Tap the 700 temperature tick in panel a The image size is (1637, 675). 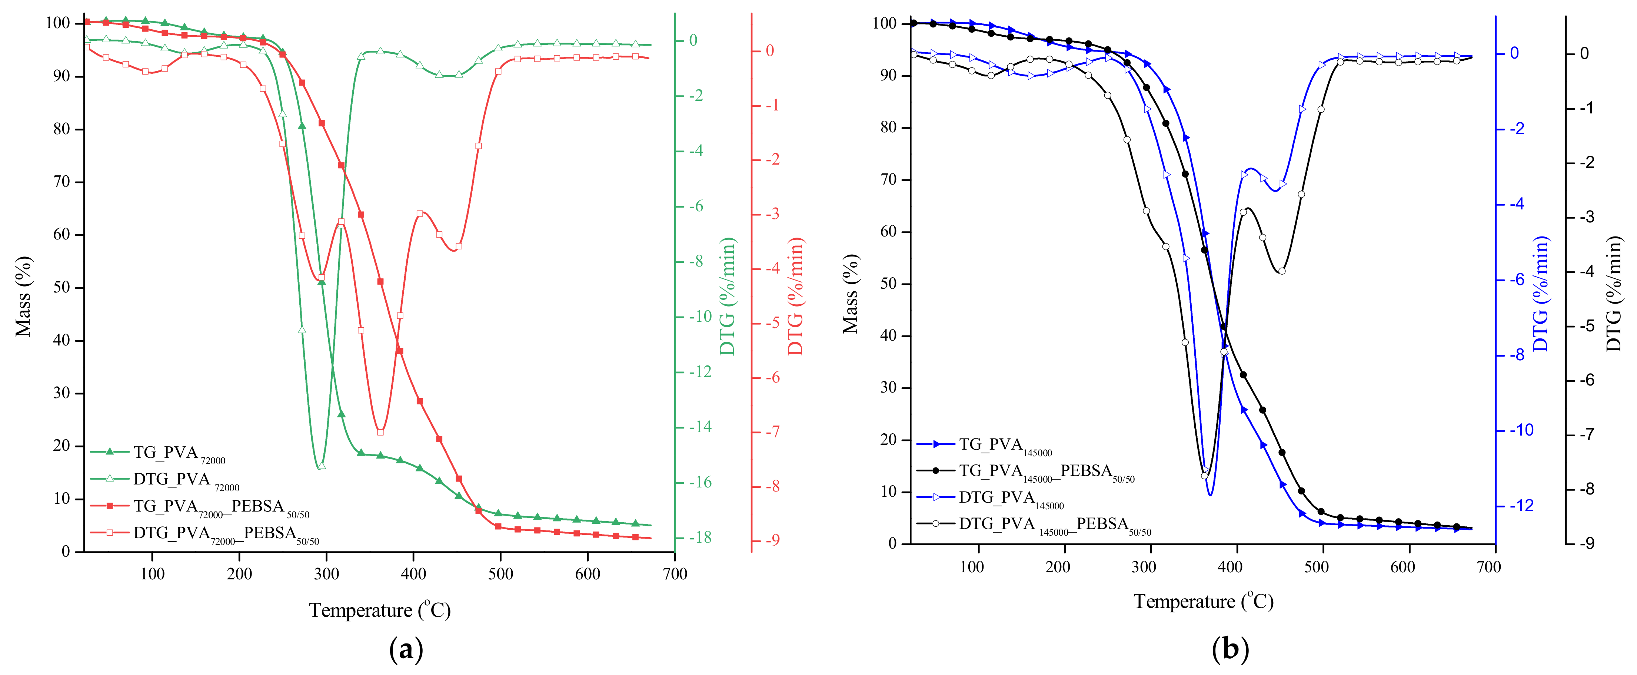point(674,574)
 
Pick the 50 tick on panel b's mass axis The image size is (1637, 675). point(888,284)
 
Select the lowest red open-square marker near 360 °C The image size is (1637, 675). point(380,432)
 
